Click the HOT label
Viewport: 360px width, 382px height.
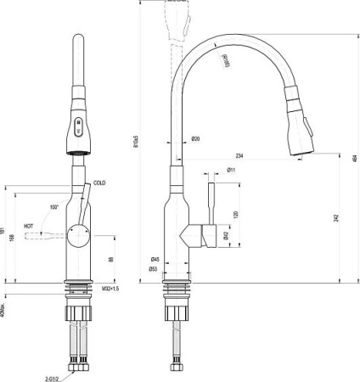coord(29,227)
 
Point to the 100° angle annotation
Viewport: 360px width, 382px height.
coord(54,207)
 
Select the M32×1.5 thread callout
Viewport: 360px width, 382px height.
coord(111,289)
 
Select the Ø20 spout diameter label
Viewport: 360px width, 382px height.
coord(195,139)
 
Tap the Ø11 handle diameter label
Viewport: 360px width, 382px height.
coord(232,170)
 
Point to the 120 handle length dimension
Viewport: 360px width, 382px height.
coord(235,214)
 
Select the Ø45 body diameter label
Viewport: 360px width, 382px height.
coord(155,259)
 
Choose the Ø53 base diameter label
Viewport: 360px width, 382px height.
coord(155,269)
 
